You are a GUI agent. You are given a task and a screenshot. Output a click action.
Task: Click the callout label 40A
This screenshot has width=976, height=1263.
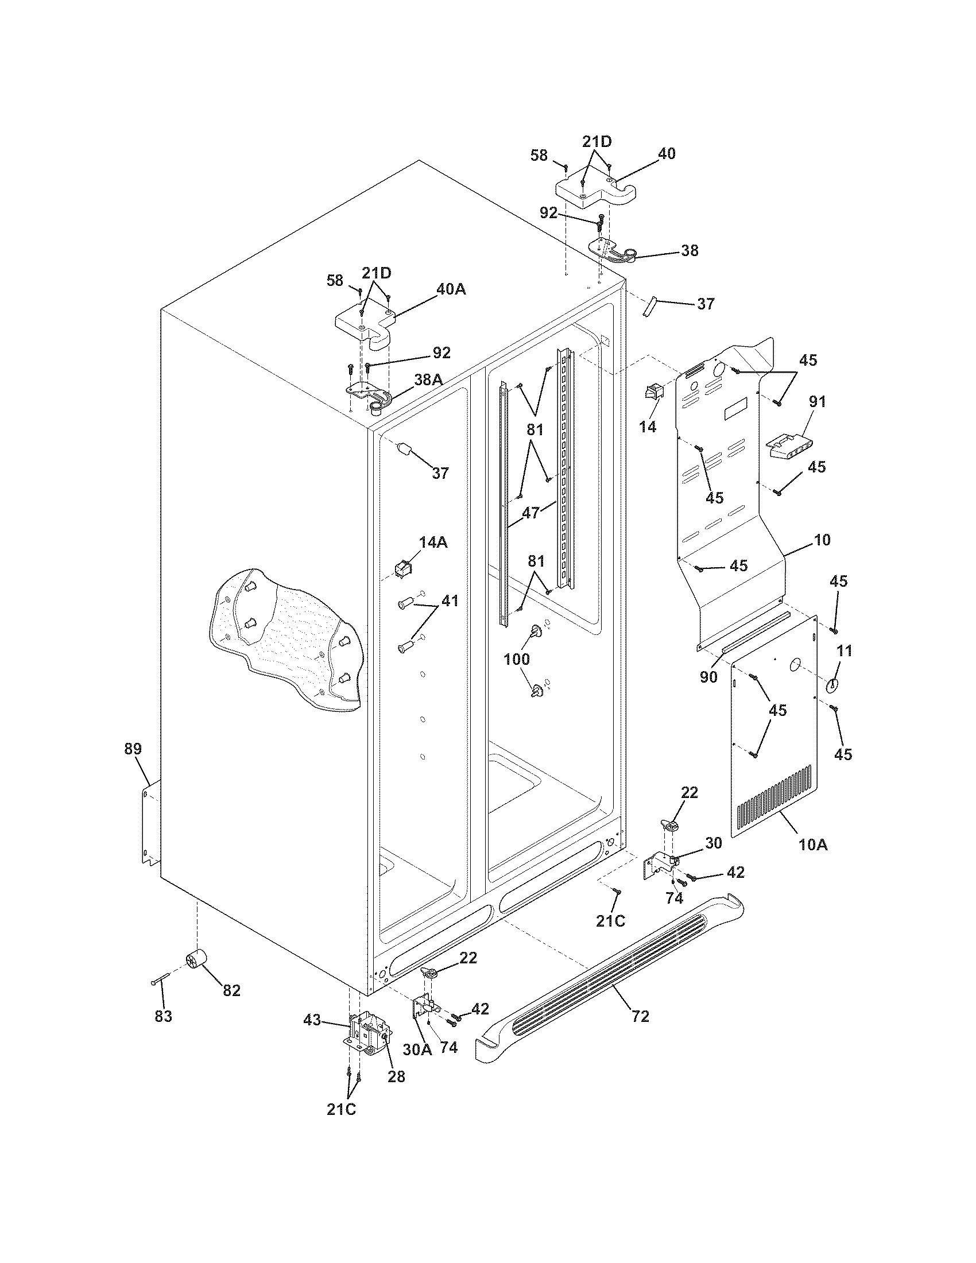451,289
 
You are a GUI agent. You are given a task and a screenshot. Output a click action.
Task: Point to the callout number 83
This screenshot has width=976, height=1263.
164,1016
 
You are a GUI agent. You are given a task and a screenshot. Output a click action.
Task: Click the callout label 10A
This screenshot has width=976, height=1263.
813,844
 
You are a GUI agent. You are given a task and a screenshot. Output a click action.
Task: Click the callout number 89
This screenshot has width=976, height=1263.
133,749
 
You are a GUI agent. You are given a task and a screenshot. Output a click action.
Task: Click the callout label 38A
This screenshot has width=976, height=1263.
428,379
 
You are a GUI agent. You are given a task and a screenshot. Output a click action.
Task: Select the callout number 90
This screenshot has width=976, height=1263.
709,676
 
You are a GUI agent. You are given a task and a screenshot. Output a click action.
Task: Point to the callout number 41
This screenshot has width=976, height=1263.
450,601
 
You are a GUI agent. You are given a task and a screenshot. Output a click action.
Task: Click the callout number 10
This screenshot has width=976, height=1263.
822,540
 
